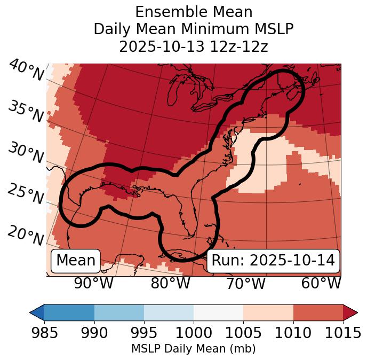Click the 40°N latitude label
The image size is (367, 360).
click(26, 71)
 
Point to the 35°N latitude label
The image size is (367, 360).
click(26, 111)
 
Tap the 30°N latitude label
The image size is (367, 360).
click(26, 153)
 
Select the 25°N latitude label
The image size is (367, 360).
click(26, 194)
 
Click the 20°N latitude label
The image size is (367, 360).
click(26, 235)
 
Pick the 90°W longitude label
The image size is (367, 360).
click(93, 284)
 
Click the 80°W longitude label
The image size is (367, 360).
click(170, 284)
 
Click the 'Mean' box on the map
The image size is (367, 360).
click(76, 261)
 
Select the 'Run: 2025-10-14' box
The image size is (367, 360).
click(273, 261)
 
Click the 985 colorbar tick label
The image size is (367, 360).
click(45, 333)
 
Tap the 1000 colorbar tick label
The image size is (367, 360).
click(194, 333)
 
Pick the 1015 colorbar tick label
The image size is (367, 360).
click(343, 333)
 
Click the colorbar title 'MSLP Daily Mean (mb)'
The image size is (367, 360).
click(194, 349)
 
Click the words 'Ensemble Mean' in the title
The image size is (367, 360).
click(194, 12)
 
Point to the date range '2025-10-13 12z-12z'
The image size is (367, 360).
click(194, 46)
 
